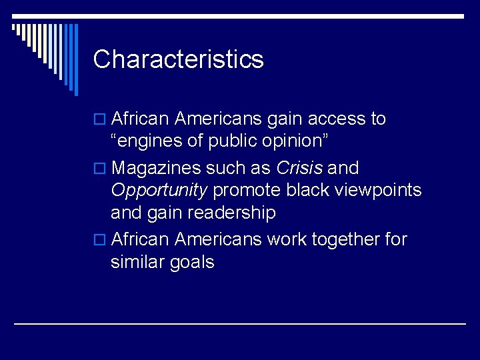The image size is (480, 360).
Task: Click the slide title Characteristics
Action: (x=178, y=59)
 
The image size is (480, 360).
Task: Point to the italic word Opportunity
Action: (x=159, y=191)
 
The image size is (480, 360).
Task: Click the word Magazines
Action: (x=158, y=167)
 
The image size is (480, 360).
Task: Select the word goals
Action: (x=192, y=263)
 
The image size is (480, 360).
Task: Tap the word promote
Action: (x=247, y=191)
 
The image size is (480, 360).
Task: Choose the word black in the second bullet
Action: (x=307, y=191)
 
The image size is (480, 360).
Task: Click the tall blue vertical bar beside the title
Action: (x=75, y=59)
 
